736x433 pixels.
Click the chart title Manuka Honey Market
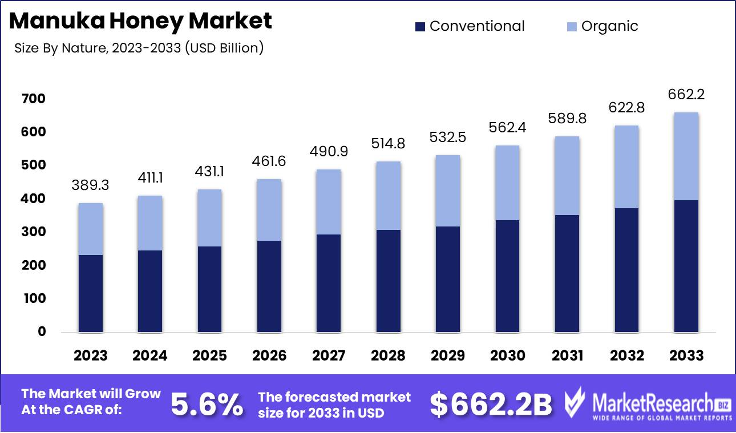(141, 21)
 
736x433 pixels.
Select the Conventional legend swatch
(420, 26)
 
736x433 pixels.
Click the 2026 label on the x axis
(269, 356)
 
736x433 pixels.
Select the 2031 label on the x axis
(567, 356)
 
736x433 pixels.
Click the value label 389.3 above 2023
(90, 186)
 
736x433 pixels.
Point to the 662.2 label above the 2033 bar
(686, 95)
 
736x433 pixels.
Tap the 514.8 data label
(388, 144)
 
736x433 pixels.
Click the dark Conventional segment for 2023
(90, 293)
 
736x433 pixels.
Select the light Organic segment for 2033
(686, 156)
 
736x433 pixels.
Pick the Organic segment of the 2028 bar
(388, 196)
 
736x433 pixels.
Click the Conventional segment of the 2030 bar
(507, 276)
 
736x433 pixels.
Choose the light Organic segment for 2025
(209, 218)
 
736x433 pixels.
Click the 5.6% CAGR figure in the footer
(207, 404)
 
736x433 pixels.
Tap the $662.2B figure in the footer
(491, 404)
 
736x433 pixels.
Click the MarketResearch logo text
(653, 402)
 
